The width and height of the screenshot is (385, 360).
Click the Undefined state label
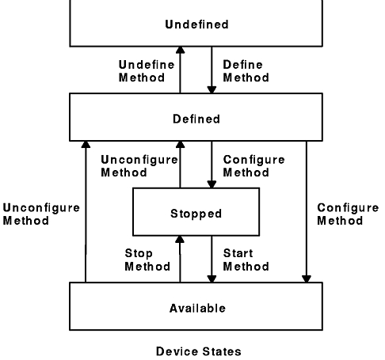[x=196, y=25]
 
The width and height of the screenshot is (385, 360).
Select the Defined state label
[x=196, y=119]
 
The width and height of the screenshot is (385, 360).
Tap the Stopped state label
[x=196, y=214]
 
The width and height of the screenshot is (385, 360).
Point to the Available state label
[x=197, y=308]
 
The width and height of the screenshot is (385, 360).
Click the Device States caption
[x=199, y=351]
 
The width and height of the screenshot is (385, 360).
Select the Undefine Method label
[x=147, y=71]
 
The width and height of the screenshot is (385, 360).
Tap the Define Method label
[x=246, y=71]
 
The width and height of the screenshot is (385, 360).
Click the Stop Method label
[x=147, y=260]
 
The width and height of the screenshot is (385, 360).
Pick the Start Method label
[x=246, y=260]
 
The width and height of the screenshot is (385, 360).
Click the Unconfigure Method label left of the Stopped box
[x=139, y=166]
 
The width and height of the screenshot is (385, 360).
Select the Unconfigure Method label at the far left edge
[x=41, y=214]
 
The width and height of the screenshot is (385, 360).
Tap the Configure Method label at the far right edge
[x=348, y=214]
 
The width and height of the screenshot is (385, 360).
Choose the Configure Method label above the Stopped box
[x=253, y=166]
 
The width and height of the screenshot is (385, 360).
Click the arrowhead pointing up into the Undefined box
[x=180, y=50]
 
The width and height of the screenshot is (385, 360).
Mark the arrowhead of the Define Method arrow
[x=212, y=89]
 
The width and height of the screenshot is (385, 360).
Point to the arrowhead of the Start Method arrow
[x=212, y=279]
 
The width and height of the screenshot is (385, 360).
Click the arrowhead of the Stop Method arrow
[x=180, y=239]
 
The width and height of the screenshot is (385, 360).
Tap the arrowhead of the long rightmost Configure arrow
[x=307, y=279]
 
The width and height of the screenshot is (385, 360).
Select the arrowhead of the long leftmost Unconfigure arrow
[x=86, y=145]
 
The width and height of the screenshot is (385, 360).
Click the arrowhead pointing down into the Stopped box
[x=212, y=184]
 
